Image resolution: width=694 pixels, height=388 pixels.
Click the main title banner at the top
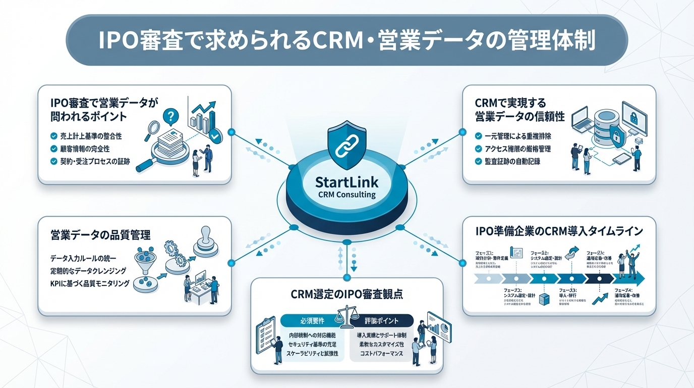pos(346,40)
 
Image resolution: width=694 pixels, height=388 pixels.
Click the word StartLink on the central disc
pos(347,181)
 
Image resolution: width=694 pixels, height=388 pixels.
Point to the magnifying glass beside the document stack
pos(152,129)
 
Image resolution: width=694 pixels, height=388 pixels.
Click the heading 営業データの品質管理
pos(101,235)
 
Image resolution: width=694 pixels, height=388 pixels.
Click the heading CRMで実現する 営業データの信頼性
pos(519,110)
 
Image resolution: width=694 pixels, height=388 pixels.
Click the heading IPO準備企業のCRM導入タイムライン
pos(559,231)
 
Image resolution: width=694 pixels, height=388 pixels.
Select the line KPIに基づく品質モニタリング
pos(90,283)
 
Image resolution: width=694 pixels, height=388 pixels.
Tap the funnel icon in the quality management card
pos(146,258)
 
